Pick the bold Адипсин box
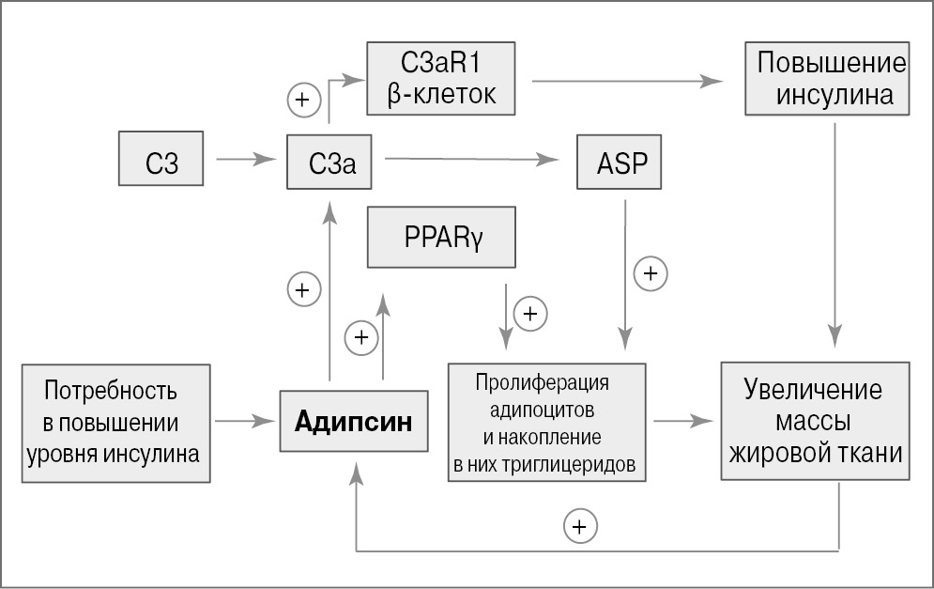pos(353,421)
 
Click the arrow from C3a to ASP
pos(470,160)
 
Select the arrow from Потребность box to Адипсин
pos(245,422)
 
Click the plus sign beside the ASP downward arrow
pos(651,274)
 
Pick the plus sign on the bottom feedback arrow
pos(580,525)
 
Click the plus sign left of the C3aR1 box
pos(303,100)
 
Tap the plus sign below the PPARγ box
pos(530,313)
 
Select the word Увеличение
pos(813,390)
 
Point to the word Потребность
pos(110,390)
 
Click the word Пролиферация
pos(542,383)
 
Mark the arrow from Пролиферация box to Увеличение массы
pos(682,422)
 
